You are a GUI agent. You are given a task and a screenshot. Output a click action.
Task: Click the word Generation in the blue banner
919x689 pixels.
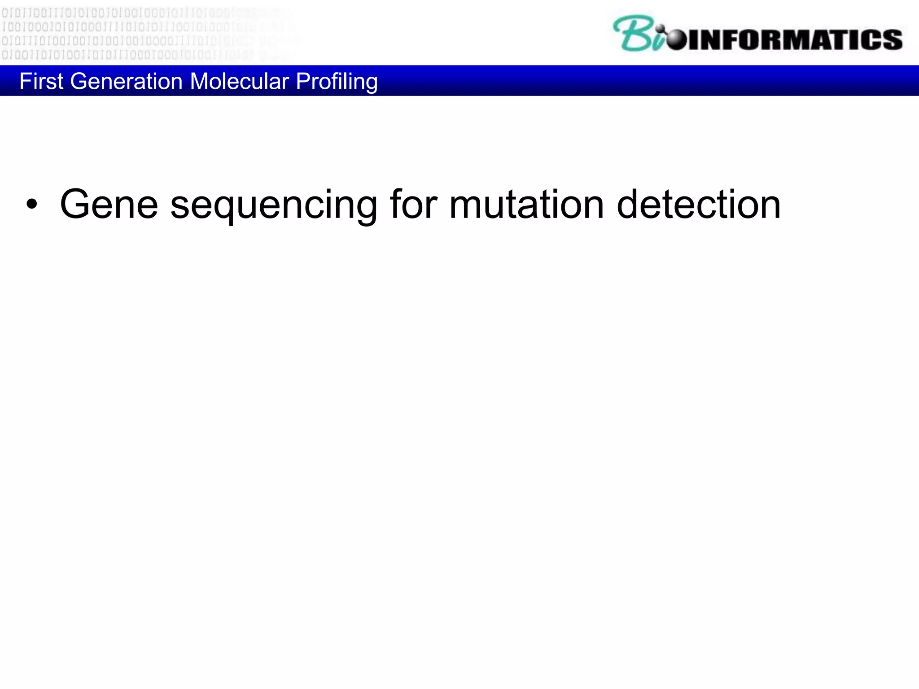[126, 82]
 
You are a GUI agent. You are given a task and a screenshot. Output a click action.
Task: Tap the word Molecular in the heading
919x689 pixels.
[239, 82]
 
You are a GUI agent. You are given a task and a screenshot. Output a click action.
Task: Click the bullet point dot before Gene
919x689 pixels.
[31, 205]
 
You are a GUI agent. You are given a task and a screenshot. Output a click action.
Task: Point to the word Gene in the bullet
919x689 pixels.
[109, 205]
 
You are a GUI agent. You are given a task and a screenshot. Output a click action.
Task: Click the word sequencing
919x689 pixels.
[274, 206]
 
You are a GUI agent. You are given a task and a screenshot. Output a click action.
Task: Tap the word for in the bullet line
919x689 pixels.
[413, 205]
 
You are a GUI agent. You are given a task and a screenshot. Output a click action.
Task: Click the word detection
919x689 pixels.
[698, 205]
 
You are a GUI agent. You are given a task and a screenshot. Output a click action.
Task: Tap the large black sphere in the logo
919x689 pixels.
[677, 39]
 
